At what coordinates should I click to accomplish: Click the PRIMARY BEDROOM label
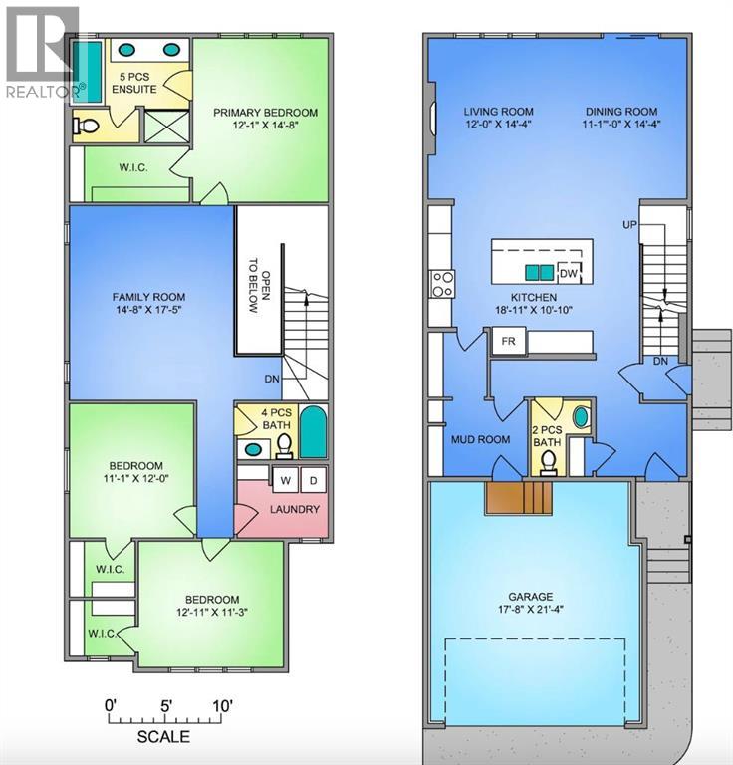[x=265, y=113]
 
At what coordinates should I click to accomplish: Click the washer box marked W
[x=285, y=480]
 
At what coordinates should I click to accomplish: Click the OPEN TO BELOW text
[x=252, y=286]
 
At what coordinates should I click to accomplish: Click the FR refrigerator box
[x=508, y=341]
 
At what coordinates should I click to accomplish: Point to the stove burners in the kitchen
[x=441, y=285]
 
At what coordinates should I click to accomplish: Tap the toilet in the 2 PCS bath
[x=548, y=457]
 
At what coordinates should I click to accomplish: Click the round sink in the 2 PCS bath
[x=580, y=417]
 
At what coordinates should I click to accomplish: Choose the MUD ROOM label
[x=480, y=439]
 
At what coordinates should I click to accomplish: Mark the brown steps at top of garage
[x=517, y=494]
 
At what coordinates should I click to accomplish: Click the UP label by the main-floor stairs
[x=629, y=225]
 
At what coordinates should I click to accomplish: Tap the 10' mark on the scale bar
[x=222, y=706]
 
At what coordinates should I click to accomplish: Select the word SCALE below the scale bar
[x=162, y=738]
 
